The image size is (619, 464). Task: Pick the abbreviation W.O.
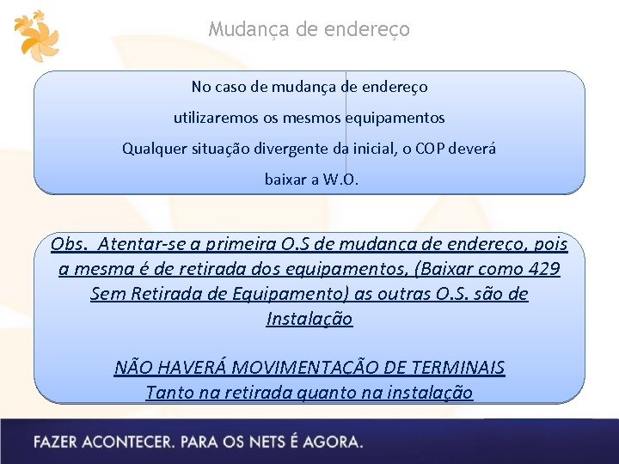(x=344, y=180)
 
